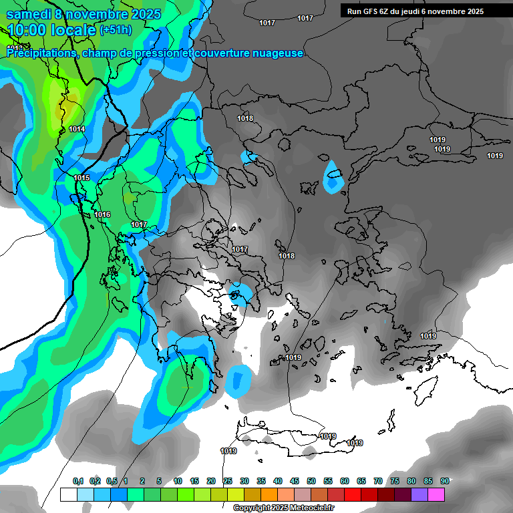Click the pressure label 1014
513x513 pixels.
coord(77,129)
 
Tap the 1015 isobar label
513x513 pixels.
coord(81,178)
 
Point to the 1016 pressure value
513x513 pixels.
coord(102,214)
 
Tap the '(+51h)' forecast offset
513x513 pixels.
coord(116,30)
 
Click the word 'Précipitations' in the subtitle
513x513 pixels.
coord(41,53)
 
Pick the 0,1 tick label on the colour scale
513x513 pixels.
coord(77,481)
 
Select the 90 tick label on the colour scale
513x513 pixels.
coord(445,481)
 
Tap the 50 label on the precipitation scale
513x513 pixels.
coord(311,481)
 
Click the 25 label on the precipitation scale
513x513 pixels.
coord(228,481)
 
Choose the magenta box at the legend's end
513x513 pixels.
coord(436,494)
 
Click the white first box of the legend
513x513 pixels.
coord(69,494)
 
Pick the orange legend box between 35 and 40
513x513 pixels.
coord(269,494)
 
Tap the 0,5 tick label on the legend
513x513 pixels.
coord(112,481)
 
